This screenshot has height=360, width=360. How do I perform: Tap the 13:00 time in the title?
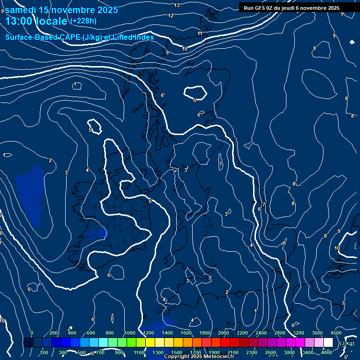tap(21, 21)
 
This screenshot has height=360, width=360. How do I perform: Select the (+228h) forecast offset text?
tap(84, 21)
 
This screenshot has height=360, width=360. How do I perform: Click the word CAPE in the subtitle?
tap(69, 37)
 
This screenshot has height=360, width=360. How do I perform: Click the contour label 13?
tap(177, 5)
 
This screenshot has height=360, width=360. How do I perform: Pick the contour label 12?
tap(171, 15)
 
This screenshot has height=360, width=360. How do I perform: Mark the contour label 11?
tap(200, 34)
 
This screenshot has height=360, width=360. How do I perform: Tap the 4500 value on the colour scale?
tap(336, 333)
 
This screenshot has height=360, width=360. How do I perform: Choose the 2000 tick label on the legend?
tap(224, 333)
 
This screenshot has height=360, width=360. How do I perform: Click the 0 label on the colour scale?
tap(32, 333)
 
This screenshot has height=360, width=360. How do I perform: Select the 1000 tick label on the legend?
tap(130, 333)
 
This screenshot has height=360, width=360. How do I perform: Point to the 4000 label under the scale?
tap(327, 352)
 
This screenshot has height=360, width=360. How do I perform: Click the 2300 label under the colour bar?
tap(252, 352)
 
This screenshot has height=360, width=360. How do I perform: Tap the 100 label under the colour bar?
tap(45, 352)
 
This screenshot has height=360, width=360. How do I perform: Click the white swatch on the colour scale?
tap(328, 343)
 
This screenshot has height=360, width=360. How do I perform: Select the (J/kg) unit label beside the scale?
tap(347, 344)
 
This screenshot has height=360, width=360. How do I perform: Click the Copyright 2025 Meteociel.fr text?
tap(199, 357)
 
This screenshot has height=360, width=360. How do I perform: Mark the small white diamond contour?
tap(352, 42)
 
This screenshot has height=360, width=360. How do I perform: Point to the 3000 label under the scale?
tap(289, 352)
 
